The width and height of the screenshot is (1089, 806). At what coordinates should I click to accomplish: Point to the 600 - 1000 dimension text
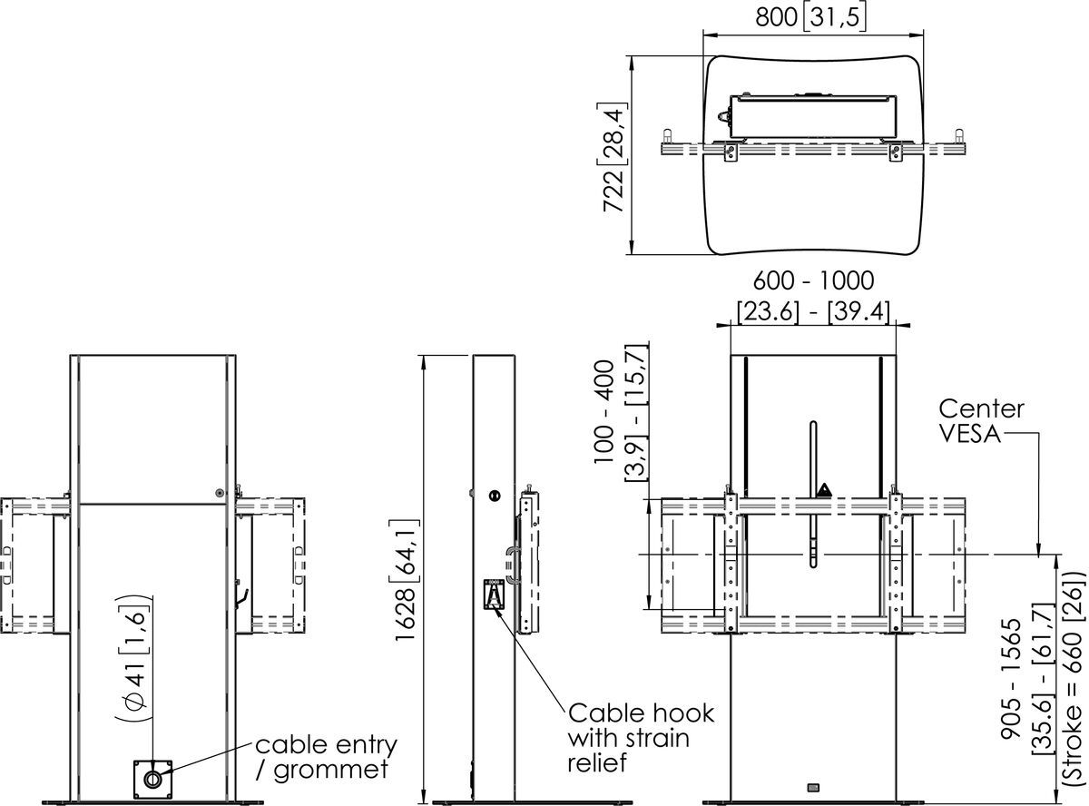tap(810, 280)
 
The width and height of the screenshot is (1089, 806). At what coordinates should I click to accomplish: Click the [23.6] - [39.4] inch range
tap(810, 311)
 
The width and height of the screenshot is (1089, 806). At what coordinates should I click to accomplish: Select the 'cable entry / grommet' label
tap(326, 758)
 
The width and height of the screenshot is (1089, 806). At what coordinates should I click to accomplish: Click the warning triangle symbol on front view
tap(824, 491)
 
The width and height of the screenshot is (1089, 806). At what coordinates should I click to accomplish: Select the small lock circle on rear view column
tap(221, 492)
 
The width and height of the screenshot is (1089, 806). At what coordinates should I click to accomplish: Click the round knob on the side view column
tap(494, 496)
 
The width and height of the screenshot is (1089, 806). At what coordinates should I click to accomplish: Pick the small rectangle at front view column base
tap(812, 786)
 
